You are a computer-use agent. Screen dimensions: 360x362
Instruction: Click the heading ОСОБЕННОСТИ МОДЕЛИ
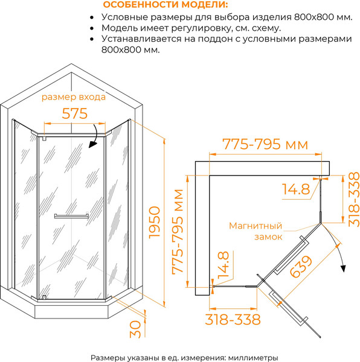point(166,5)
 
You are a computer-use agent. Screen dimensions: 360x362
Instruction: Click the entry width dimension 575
point(75,113)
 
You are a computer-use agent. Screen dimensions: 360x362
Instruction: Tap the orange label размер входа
point(74,97)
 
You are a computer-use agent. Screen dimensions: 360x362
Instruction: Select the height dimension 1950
point(155,222)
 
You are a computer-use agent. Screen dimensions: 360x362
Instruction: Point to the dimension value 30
point(135,329)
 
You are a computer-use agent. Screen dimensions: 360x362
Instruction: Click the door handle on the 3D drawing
point(71,216)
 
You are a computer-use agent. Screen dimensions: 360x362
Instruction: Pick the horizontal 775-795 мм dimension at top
point(265,144)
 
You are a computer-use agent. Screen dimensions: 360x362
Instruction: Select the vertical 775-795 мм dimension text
point(178,232)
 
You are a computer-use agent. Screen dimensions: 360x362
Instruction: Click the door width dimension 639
point(301,266)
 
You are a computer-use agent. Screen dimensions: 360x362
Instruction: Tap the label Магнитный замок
point(256,231)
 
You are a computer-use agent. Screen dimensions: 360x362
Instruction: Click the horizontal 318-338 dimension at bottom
point(233,320)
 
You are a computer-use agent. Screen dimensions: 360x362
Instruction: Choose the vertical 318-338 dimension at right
point(354,199)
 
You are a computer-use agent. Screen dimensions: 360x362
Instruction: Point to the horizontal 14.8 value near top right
point(296,189)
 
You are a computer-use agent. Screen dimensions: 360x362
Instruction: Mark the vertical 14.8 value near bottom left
point(223,265)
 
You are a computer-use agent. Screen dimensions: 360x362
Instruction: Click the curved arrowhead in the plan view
point(343,268)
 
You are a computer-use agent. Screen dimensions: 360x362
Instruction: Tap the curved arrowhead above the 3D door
point(92,145)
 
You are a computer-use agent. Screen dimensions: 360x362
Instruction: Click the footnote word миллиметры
point(253,358)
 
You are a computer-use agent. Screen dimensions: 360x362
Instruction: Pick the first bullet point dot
point(92,17)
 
